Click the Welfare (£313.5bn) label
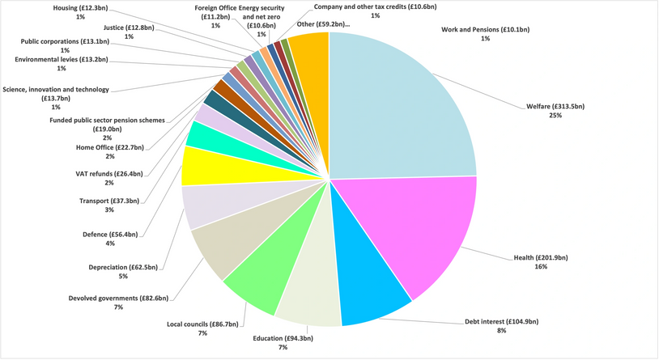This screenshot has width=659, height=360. click(555, 106)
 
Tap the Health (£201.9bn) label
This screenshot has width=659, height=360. click(541, 257)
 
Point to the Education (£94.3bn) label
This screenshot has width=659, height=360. click(283, 338)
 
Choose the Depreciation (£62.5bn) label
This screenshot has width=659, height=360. click(124, 266)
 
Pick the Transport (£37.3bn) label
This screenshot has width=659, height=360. click(109, 201)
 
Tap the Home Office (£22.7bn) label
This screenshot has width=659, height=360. click(109, 147)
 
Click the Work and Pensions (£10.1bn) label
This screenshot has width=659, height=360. click(485, 29)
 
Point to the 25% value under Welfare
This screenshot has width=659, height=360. click(555, 116)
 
